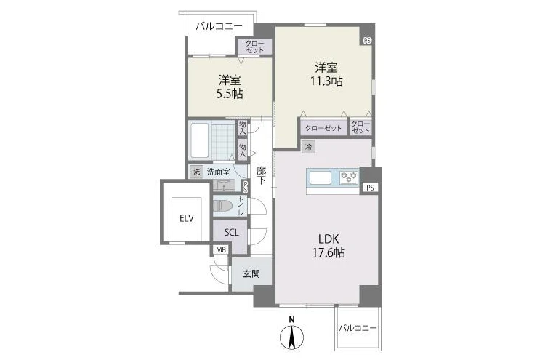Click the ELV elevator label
(186, 218)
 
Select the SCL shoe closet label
(231, 233)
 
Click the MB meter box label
(221, 249)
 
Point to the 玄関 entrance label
(251, 274)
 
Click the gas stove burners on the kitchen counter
(349, 177)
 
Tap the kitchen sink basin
(321, 177)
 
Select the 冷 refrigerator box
(309, 147)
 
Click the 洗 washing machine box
(197, 172)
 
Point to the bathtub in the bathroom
(199, 140)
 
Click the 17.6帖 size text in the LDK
(329, 253)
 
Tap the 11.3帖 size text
(326, 81)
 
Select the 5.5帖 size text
(230, 94)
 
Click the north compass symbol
(291, 334)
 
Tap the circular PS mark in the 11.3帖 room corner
(367, 40)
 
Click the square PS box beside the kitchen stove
(370, 188)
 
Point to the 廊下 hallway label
(262, 176)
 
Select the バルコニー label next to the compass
(358, 328)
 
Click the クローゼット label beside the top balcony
(255, 47)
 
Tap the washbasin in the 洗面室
(224, 185)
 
